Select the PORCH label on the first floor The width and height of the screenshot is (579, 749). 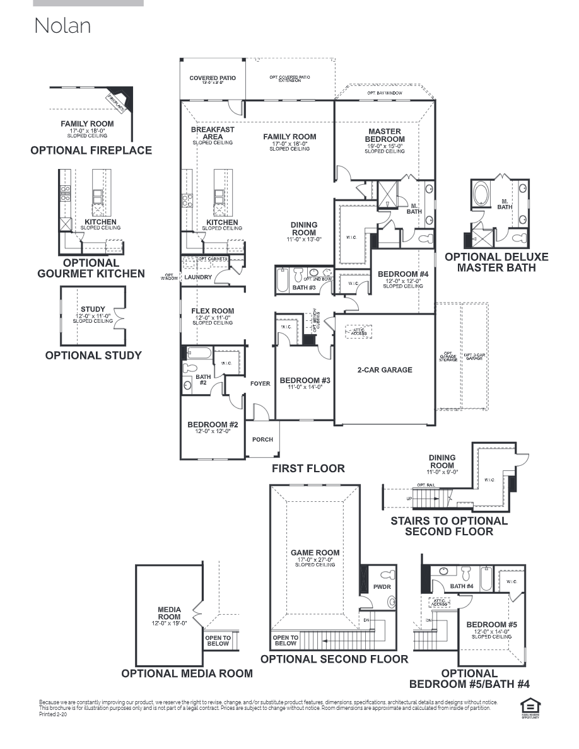[x=263, y=439]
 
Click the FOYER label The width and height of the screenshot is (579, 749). [x=260, y=383]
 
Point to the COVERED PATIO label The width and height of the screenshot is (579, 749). [x=213, y=78]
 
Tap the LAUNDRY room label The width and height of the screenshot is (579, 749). [x=198, y=277]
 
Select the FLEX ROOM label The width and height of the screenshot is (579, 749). [x=213, y=311]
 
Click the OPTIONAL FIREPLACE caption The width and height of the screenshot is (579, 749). [x=91, y=151]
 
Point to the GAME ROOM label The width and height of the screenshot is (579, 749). [x=315, y=553]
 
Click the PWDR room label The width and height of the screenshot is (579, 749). [x=382, y=587]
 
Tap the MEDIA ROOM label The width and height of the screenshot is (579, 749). [x=169, y=613]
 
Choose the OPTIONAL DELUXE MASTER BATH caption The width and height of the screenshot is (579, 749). [x=496, y=262]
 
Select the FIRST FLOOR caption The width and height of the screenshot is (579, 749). [x=308, y=468]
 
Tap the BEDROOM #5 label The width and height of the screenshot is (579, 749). [x=491, y=625]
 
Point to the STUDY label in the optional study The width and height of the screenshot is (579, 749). [x=93, y=309]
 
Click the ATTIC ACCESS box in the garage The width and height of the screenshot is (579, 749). [x=358, y=332]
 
